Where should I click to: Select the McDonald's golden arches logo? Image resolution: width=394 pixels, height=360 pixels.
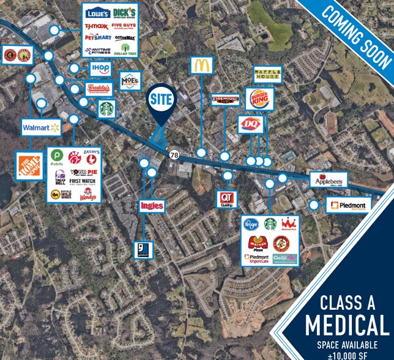tap(201, 66)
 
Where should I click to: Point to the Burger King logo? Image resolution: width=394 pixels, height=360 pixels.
tap(259, 98)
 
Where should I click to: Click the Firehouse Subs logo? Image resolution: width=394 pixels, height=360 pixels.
tap(225, 99)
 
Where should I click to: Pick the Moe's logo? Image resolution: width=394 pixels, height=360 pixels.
tap(130, 81)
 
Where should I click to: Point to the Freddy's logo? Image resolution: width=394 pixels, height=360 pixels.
tap(98, 89)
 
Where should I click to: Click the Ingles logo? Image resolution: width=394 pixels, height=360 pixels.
tap(152, 206)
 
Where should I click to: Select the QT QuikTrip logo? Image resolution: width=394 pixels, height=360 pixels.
tap(227, 200)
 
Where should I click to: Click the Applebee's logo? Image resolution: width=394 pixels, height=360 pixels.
tap(330, 180)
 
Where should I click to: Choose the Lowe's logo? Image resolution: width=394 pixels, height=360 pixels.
tap(98, 13)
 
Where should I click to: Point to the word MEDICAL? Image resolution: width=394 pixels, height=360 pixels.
tap(347, 324)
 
